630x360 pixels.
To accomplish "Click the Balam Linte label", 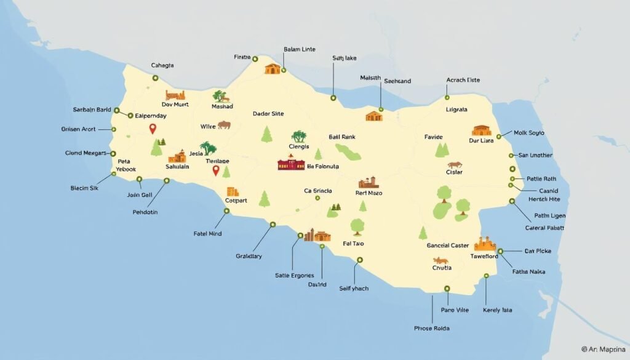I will click(x=300, y=49).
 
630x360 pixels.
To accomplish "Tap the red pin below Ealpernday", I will click(x=153, y=129).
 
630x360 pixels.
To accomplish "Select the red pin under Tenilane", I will click(x=215, y=170).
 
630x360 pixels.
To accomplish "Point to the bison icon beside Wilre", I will click(x=224, y=125).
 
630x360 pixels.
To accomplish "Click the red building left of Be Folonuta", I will click(x=291, y=165).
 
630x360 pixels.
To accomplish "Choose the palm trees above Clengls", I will click(x=300, y=137).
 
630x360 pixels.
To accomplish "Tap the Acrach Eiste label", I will click(x=463, y=81).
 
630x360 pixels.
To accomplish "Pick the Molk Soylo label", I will click(x=528, y=133).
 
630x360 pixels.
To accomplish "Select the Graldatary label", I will click(x=249, y=255).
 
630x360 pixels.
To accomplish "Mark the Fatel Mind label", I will click(x=207, y=234).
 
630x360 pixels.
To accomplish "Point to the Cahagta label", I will click(x=162, y=65).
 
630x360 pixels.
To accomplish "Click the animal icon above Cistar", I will click(x=455, y=165).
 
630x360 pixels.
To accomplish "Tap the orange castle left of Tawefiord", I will click(x=485, y=243).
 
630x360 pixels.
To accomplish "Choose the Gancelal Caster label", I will click(x=448, y=246).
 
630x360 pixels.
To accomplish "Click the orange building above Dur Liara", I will click(x=482, y=130).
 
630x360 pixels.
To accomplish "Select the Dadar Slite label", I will click(x=268, y=114).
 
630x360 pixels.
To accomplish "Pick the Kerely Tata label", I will click(x=498, y=310).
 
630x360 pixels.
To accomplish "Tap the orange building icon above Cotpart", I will click(x=232, y=191).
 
